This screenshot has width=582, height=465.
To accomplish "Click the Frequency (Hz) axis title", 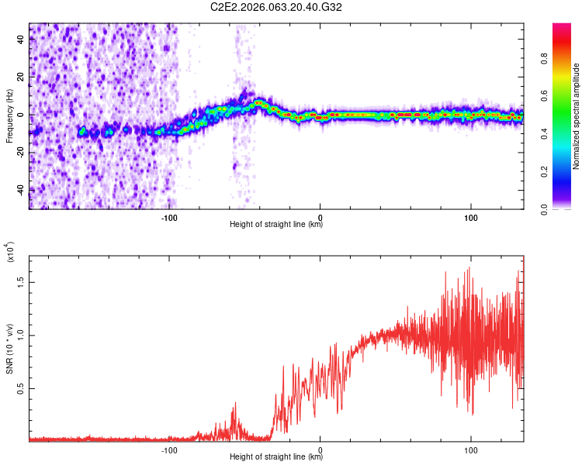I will click(x=9, y=115).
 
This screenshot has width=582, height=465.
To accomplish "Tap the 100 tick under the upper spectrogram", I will click(x=471, y=216).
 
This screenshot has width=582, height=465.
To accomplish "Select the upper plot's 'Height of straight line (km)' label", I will click(x=276, y=225).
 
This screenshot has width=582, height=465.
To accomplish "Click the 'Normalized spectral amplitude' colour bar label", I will click(x=577, y=116).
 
